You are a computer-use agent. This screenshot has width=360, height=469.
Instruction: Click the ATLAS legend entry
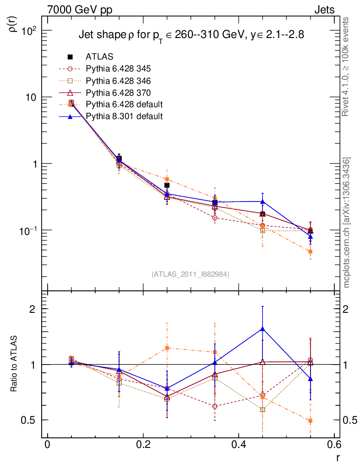click(99, 57)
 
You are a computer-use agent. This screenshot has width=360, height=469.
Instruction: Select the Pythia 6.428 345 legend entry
click(118, 69)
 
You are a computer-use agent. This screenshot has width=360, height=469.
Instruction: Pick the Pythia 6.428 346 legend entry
click(118, 81)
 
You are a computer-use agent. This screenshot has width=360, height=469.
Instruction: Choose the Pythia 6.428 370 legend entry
click(118, 93)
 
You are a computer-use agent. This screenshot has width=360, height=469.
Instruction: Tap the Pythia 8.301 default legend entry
click(124, 116)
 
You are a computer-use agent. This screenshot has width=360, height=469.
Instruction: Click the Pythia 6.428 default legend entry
click(124, 104)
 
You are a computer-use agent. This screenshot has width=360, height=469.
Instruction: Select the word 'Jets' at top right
click(324, 10)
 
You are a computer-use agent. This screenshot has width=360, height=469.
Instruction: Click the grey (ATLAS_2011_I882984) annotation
click(191, 274)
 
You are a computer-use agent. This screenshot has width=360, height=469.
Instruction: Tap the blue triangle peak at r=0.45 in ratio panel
click(262, 329)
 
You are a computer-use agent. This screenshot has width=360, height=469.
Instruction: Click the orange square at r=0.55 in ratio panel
click(310, 421)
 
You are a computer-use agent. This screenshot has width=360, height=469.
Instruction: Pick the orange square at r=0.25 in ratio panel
click(167, 348)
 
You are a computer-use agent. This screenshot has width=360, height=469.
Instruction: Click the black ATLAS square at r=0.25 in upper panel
click(167, 185)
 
